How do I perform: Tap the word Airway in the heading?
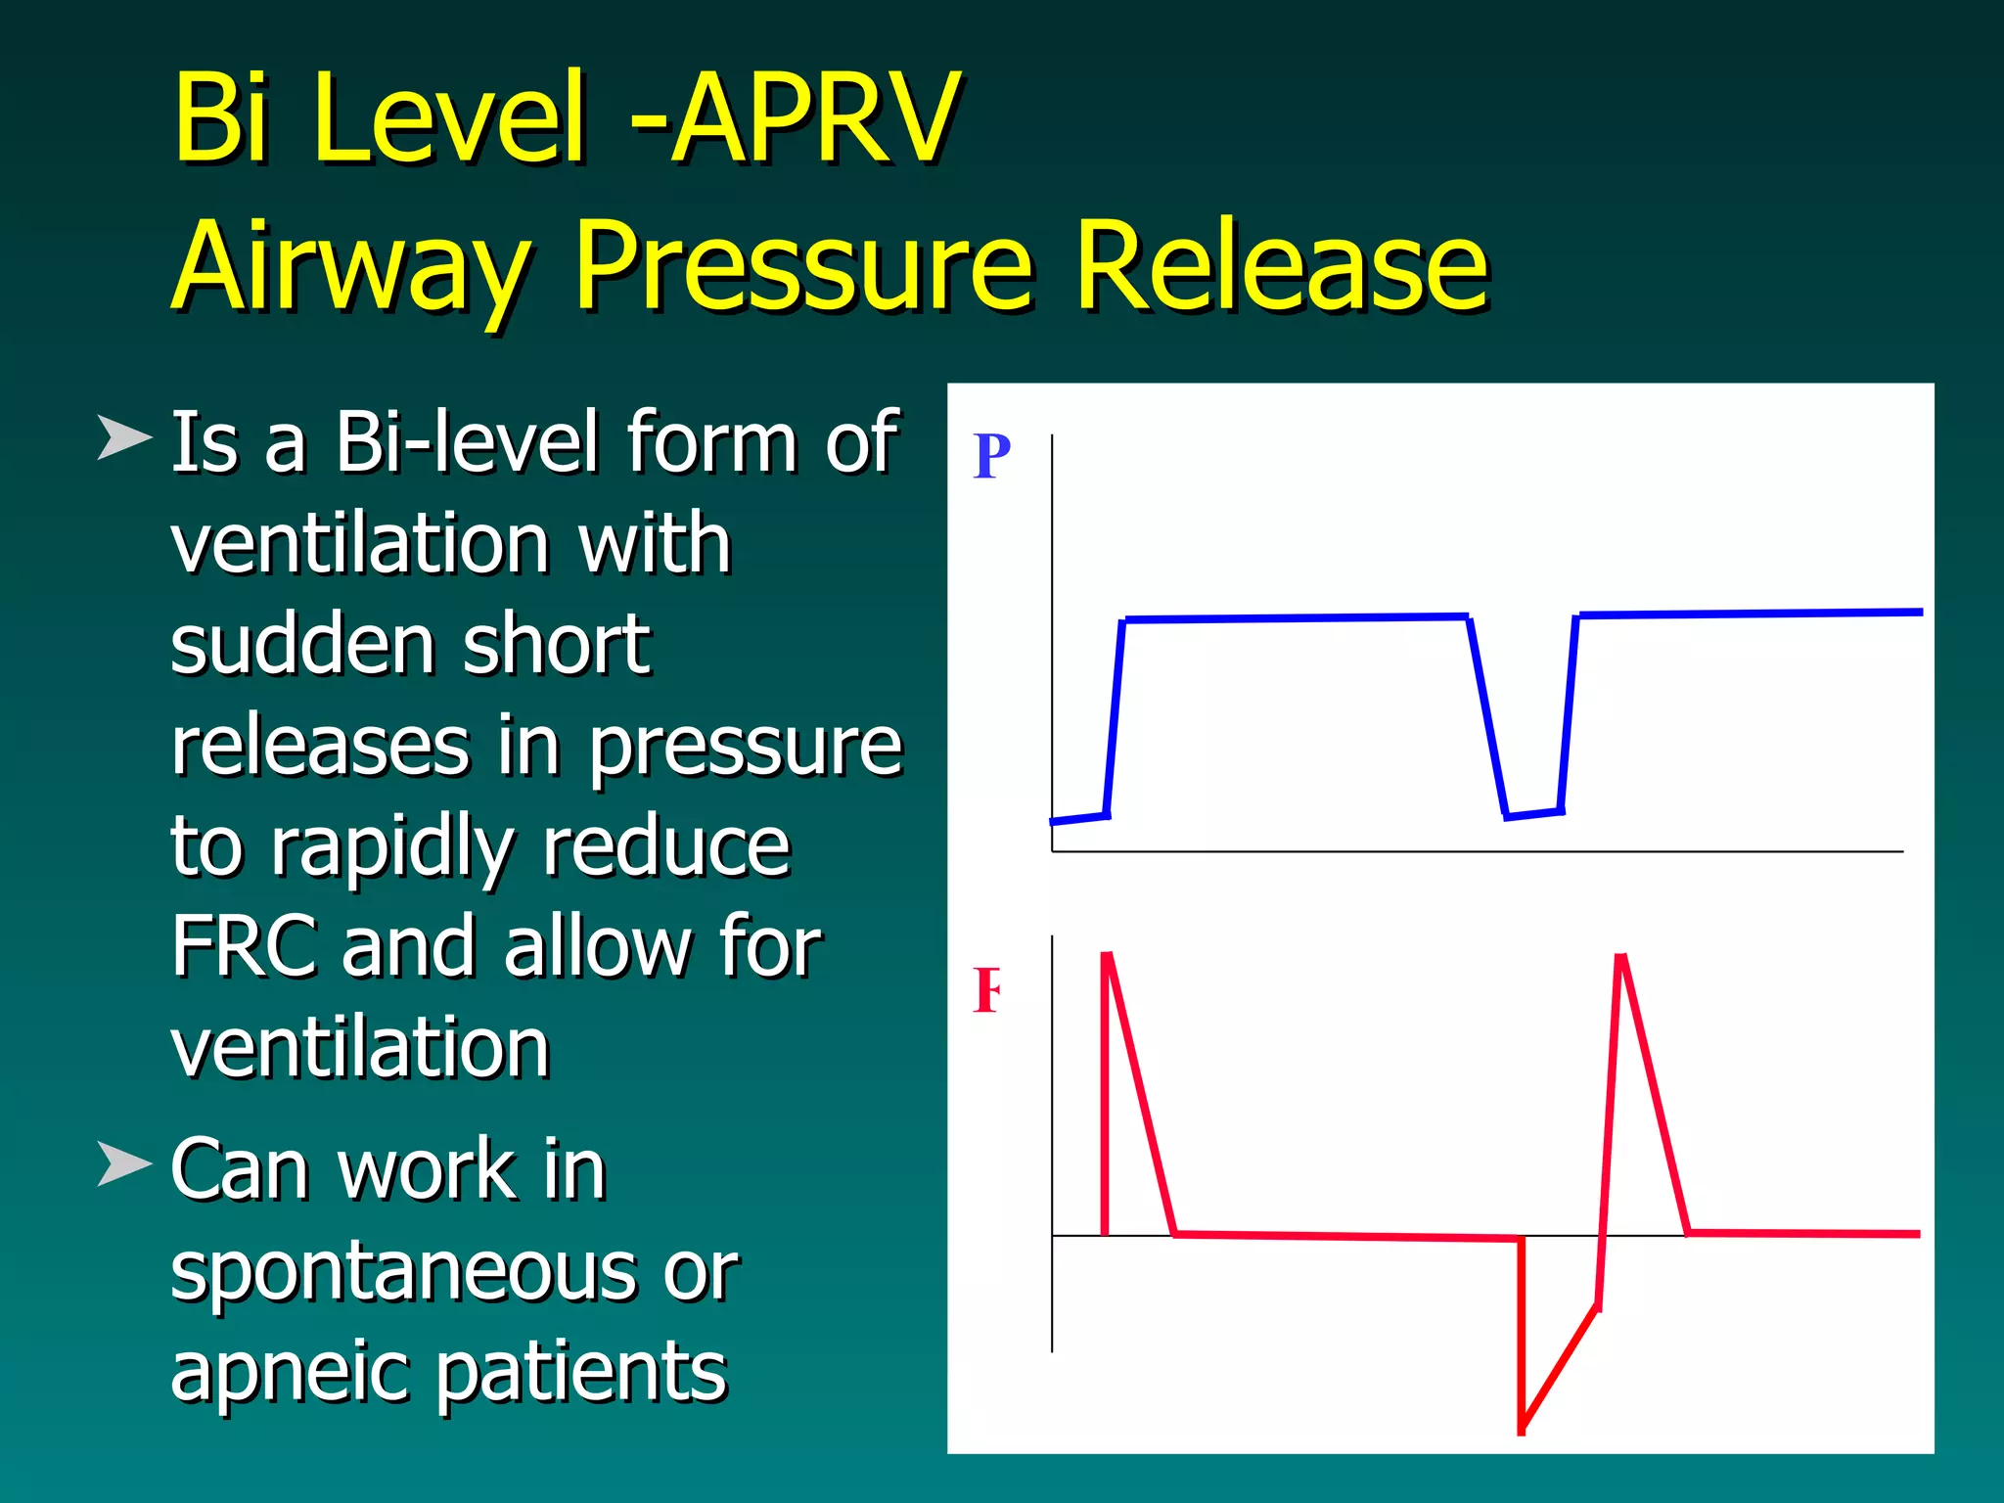coord(352,266)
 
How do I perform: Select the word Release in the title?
coord(1282,266)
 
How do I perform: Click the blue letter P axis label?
coord(991,456)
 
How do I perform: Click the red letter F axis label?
coord(986,990)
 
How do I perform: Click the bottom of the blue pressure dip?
coord(1532,813)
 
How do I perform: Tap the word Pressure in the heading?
coord(802,266)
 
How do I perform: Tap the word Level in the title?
coord(450,119)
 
